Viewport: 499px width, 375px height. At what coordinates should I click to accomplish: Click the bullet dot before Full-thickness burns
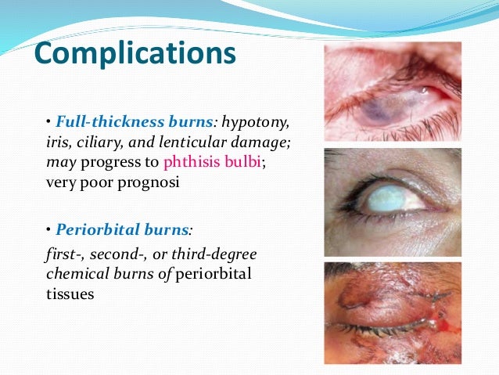click(x=48, y=123)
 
